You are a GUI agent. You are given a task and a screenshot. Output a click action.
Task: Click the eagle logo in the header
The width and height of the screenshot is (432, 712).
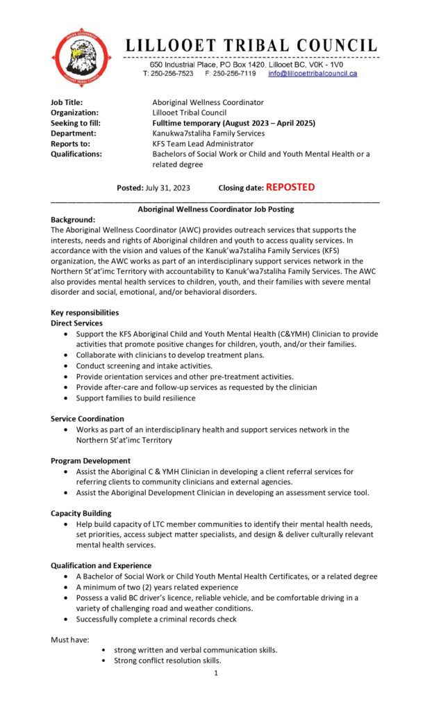click(x=82, y=57)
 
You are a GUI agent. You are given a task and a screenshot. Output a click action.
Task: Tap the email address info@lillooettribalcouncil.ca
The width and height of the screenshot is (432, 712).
click(x=313, y=73)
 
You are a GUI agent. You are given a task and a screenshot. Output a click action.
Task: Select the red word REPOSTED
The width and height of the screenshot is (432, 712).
click(x=290, y=187)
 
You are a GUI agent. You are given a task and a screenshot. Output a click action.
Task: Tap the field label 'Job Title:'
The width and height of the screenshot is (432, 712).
click(x=67, y=102)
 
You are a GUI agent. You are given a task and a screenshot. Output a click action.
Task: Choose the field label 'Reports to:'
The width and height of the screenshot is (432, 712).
click(x=70, y=144)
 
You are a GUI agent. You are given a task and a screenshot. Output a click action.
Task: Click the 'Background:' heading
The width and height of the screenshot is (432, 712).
click(x=73, y=219)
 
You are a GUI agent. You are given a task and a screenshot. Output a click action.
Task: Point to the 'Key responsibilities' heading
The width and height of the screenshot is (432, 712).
click(x=85, y=313)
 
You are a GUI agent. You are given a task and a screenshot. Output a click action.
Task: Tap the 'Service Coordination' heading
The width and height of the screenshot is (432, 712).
click(x=88, y=419)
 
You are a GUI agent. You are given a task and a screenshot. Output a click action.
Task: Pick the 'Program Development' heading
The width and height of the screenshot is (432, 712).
click(x=90, y=460)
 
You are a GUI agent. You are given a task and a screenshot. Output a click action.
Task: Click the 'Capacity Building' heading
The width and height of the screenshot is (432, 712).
click(x=81, y=513)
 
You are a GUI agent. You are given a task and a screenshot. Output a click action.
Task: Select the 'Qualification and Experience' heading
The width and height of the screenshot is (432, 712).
click(x=101, y=565)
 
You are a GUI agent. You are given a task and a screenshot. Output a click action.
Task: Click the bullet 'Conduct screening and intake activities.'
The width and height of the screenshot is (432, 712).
click(x=144, y=366)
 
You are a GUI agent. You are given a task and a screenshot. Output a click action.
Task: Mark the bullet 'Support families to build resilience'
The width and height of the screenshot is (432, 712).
click(x=136, y=398)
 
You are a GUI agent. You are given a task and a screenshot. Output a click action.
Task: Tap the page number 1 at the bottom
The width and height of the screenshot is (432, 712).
click(x=216, y=673)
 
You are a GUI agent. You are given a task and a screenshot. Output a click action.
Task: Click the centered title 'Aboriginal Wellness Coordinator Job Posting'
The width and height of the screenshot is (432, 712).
click(x=216, y=209)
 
